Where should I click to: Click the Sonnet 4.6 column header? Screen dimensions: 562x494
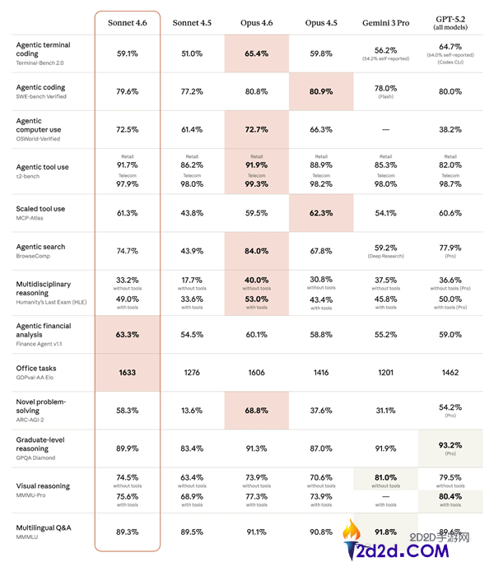tap(127, 22)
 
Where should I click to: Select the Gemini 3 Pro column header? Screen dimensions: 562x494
tap(385, 22)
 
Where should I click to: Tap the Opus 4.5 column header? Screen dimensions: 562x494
tap(320, 22)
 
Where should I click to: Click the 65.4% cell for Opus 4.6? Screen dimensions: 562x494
tap(256, 53)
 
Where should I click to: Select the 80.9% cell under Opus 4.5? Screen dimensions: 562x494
tap(320, 91)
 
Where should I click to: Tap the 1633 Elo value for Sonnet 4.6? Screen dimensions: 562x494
tap(127, 372)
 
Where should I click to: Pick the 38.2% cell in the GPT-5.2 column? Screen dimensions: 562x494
tap(450, 129)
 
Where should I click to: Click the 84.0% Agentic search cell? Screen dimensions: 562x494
tap(256, 251)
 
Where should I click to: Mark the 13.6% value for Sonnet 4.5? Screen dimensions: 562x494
tap(192, 410)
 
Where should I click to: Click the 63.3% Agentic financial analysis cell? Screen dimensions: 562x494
tap(127, 334)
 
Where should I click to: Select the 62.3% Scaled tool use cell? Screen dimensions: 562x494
tap(320, 213)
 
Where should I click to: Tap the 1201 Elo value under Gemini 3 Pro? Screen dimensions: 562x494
tap(385, 372)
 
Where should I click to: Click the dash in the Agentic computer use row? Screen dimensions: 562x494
tap(385, 129)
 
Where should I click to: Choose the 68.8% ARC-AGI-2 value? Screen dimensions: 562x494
tap(256, 410)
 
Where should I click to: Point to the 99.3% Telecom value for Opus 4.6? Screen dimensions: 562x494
tap(256, 183)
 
